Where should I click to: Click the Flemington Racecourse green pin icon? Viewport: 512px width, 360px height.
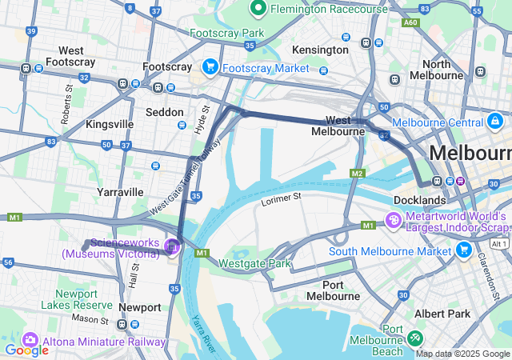[258, 8]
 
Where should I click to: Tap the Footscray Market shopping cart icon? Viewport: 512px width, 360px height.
[211, 66]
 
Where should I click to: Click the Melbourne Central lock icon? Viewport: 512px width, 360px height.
[495, 122]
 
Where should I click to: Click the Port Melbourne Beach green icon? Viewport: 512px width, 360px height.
[415, 338]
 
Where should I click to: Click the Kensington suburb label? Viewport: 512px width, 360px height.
[320, 50]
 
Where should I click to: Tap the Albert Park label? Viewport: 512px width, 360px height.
[448, 314]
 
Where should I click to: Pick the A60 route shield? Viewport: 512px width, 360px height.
[410, 23]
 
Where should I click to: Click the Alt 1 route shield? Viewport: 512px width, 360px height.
[499, 243]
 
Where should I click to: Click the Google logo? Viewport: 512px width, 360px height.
[26, 350]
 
